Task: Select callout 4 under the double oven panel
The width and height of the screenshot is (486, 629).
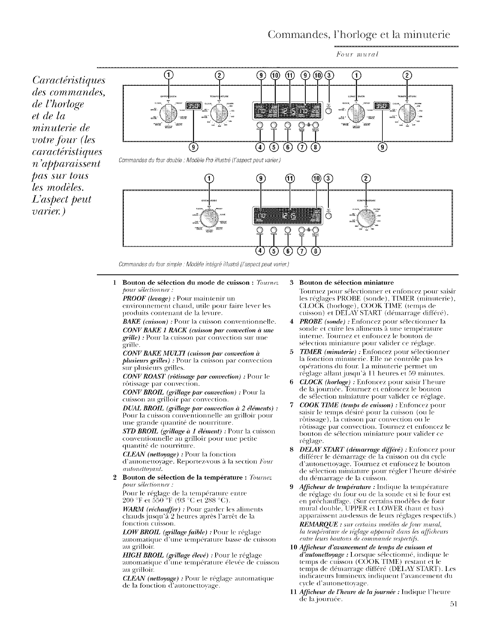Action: click(261, 147)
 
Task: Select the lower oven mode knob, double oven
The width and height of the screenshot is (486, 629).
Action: click(359, 112)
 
